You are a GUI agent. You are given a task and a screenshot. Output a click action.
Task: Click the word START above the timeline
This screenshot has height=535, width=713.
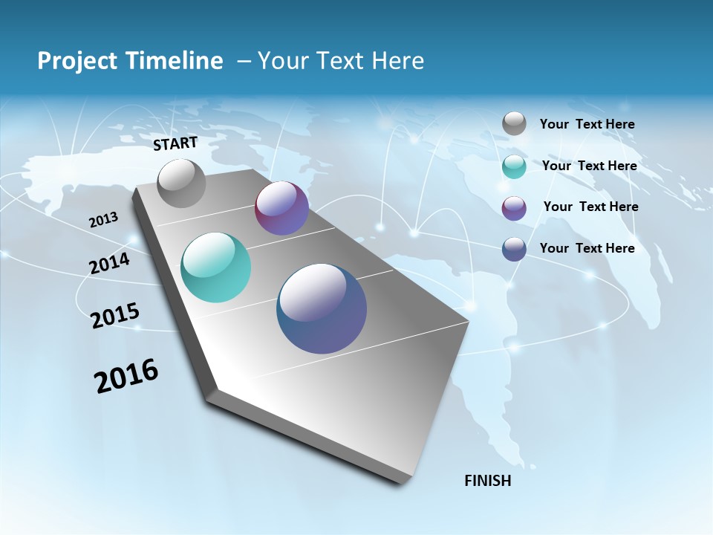coord(175,143)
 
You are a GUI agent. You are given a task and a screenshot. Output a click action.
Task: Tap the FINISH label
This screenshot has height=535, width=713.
coord(487,481)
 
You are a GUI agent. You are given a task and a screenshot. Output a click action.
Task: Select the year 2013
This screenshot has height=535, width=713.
coord(104,220)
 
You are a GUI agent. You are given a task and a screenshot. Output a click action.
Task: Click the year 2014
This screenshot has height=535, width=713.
coord(110,264)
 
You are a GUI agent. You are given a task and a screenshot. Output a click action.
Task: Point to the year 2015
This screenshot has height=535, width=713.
coord(115,315)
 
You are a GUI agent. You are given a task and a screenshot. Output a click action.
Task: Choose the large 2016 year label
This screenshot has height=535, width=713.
coord(126,376)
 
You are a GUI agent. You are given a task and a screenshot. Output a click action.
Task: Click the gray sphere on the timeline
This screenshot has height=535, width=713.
coord(181,184)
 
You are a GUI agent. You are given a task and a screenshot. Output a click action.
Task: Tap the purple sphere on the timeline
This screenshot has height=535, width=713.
coord(281,208)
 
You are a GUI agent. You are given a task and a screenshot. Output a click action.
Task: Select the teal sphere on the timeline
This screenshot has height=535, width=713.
coord(215,267)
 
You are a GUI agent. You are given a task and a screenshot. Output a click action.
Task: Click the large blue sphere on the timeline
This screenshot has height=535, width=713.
coord(322,308)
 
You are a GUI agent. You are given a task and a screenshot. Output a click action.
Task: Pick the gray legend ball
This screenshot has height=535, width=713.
coord(514,123)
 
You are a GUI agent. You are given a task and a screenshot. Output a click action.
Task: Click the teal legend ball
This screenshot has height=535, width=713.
coord(514,166)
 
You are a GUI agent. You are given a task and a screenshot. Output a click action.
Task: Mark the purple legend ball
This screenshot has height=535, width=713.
coord(514,207)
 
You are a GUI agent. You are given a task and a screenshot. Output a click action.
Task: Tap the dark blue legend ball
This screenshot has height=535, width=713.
coord(514,248)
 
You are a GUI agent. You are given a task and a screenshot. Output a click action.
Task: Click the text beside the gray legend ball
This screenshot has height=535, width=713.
coord(587,124)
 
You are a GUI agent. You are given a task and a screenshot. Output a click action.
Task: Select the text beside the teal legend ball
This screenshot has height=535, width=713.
coord(589,166)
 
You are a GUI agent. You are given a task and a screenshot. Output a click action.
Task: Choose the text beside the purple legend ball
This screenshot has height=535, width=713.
coord(590,207)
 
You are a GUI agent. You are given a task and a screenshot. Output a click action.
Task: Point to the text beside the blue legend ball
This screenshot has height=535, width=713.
coord(587,248)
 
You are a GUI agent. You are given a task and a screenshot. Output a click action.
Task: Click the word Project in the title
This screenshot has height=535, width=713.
coord(74,61)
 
